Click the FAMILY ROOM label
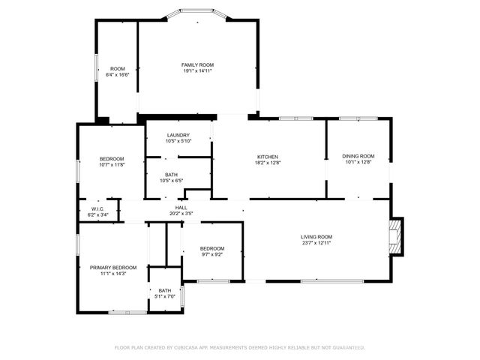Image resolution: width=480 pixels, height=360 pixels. tap(198, 65)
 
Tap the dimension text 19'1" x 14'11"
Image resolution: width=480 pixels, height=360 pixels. tap(198, 71)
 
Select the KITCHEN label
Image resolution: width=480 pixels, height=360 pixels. tap(268, 157)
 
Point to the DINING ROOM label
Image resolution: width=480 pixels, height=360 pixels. tap(358, 156)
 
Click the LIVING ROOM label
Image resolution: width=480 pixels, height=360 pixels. tap(316, 237)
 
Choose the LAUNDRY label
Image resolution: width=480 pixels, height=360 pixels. tap(178, 135)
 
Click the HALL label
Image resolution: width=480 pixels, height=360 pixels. tap(181, 208)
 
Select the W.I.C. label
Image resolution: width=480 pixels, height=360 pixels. tap(97, 208)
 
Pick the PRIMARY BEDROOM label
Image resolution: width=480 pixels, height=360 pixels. tap(113, 268)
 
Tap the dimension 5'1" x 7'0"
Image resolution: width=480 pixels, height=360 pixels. tap(164, 296)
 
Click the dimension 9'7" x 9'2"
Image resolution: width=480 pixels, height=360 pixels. tap(211, 254)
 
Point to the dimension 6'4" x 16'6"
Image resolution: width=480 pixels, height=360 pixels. tap(118, 75)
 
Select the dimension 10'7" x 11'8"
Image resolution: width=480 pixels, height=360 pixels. tap(112, 165)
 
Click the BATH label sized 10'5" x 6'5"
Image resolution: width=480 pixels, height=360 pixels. tap(172, 175)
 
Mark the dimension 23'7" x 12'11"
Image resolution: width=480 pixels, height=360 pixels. tap(316, 243)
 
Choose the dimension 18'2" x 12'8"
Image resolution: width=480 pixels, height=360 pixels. tap(268, 163)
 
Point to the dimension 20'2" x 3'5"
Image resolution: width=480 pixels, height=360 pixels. tap(181, 214)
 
